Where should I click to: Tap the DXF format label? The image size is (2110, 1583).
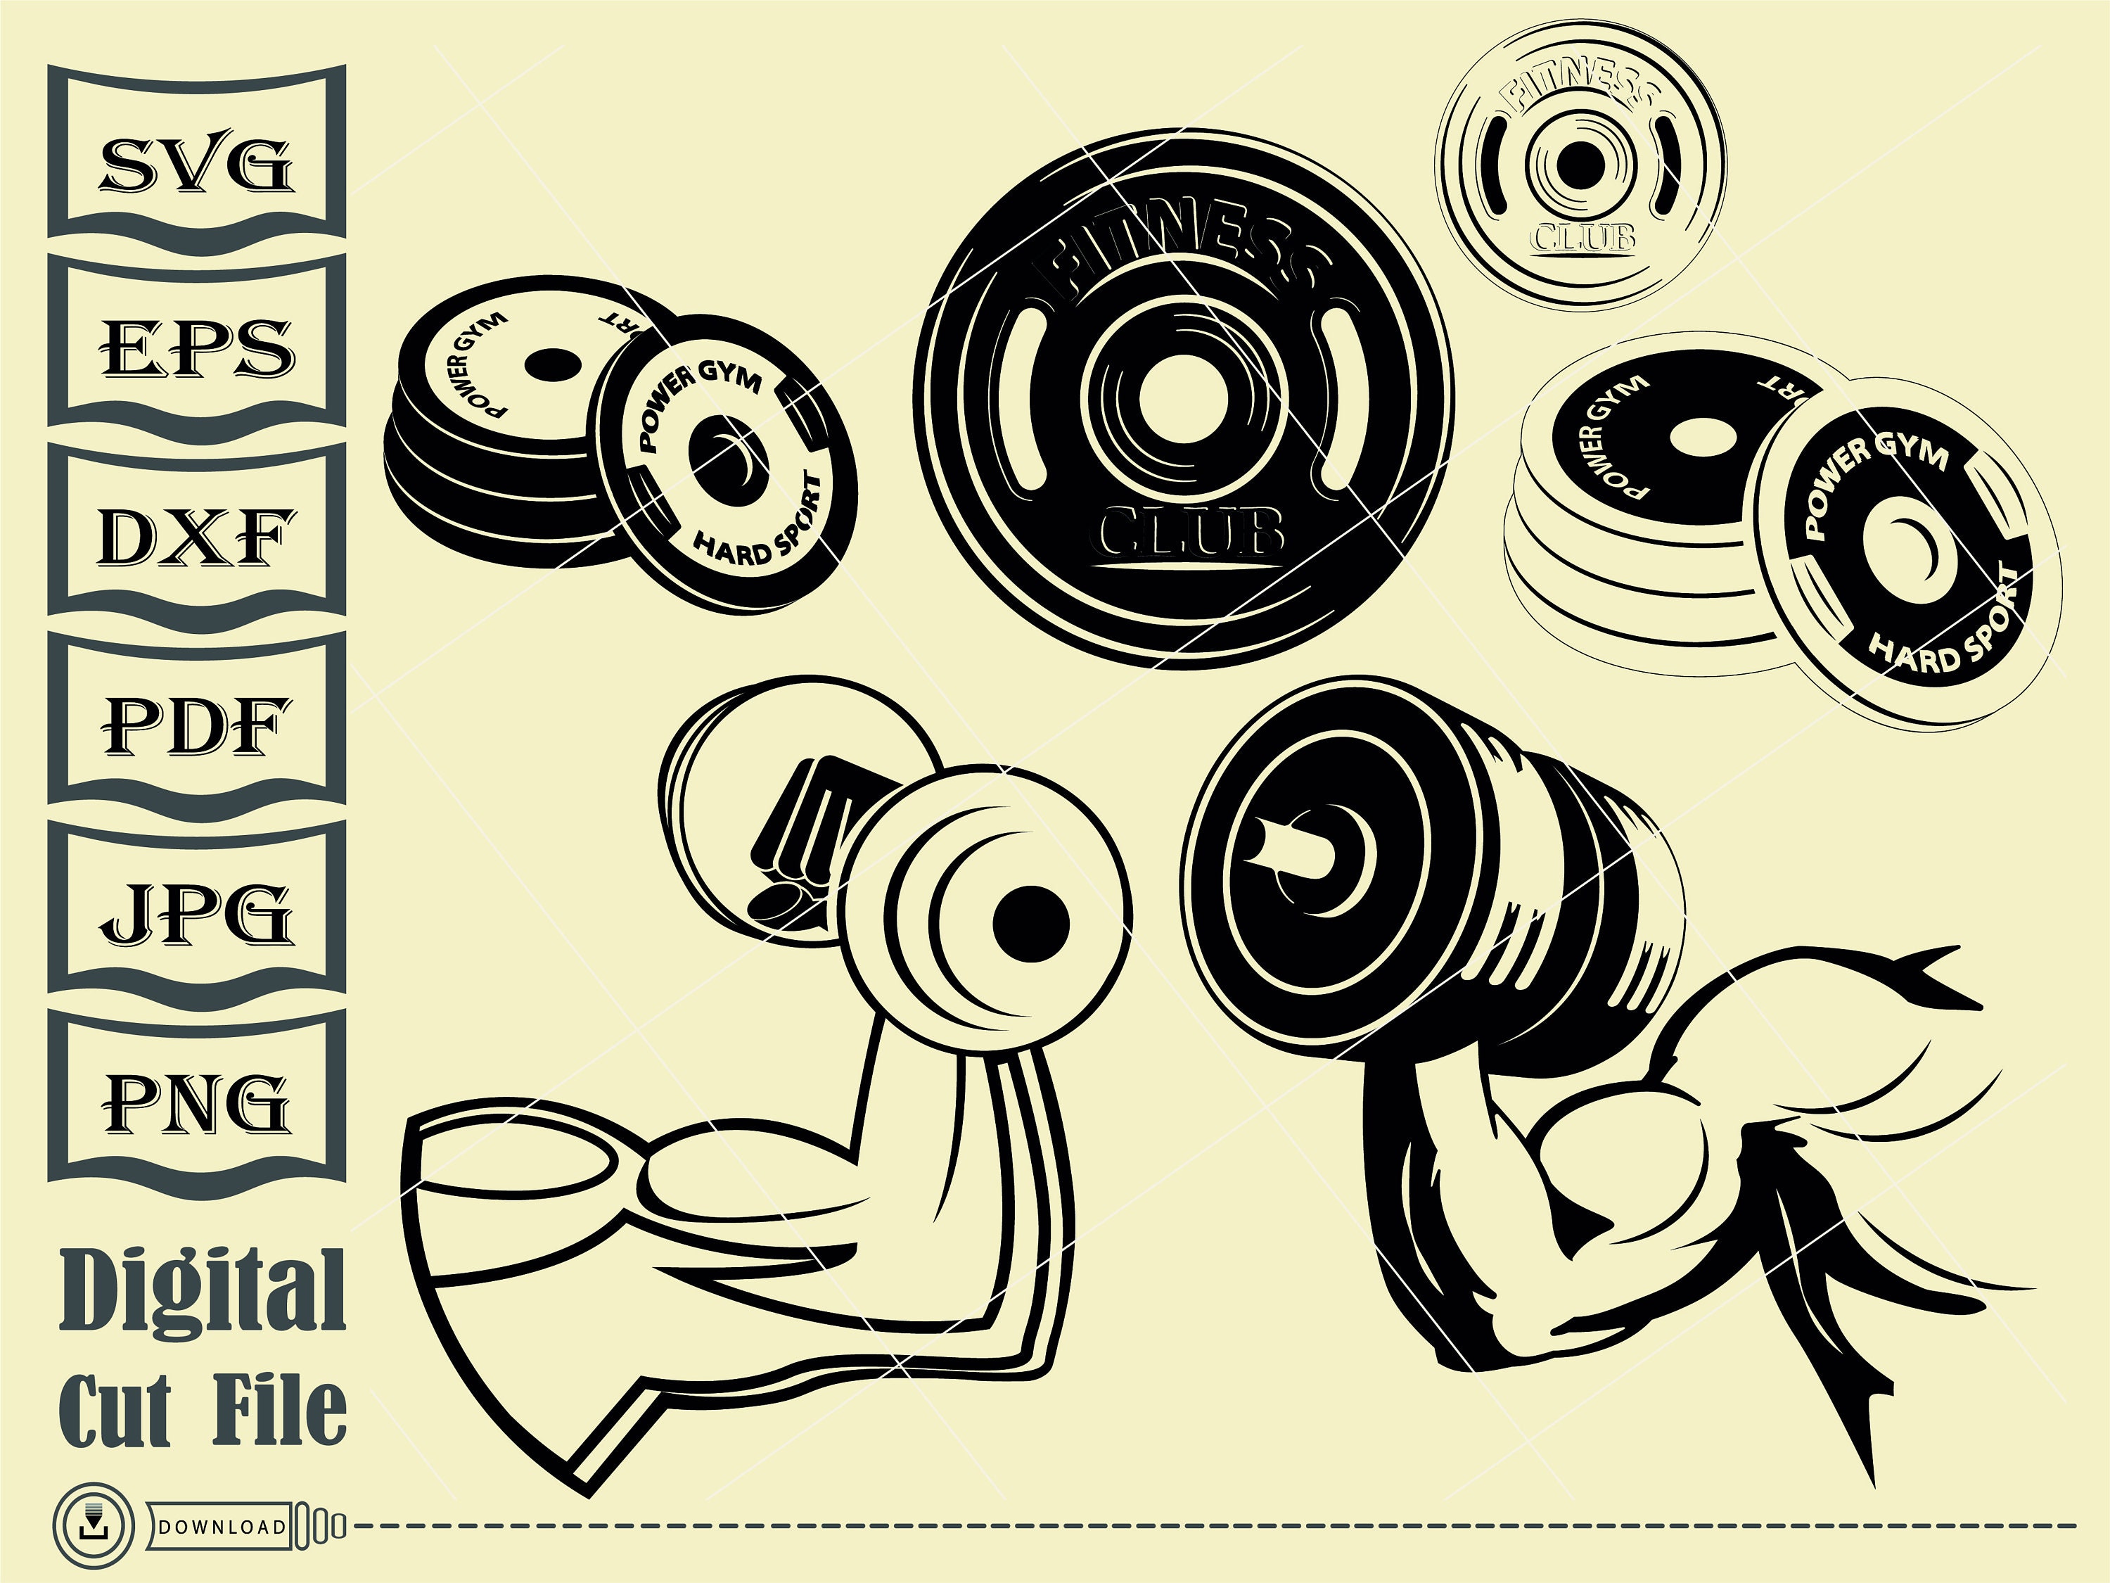coord(196,538)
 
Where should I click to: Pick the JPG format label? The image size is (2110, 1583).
coord(196,913)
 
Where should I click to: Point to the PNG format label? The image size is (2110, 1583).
coord(196,1101)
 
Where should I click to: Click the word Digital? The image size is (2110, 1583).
coord(203,1290)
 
